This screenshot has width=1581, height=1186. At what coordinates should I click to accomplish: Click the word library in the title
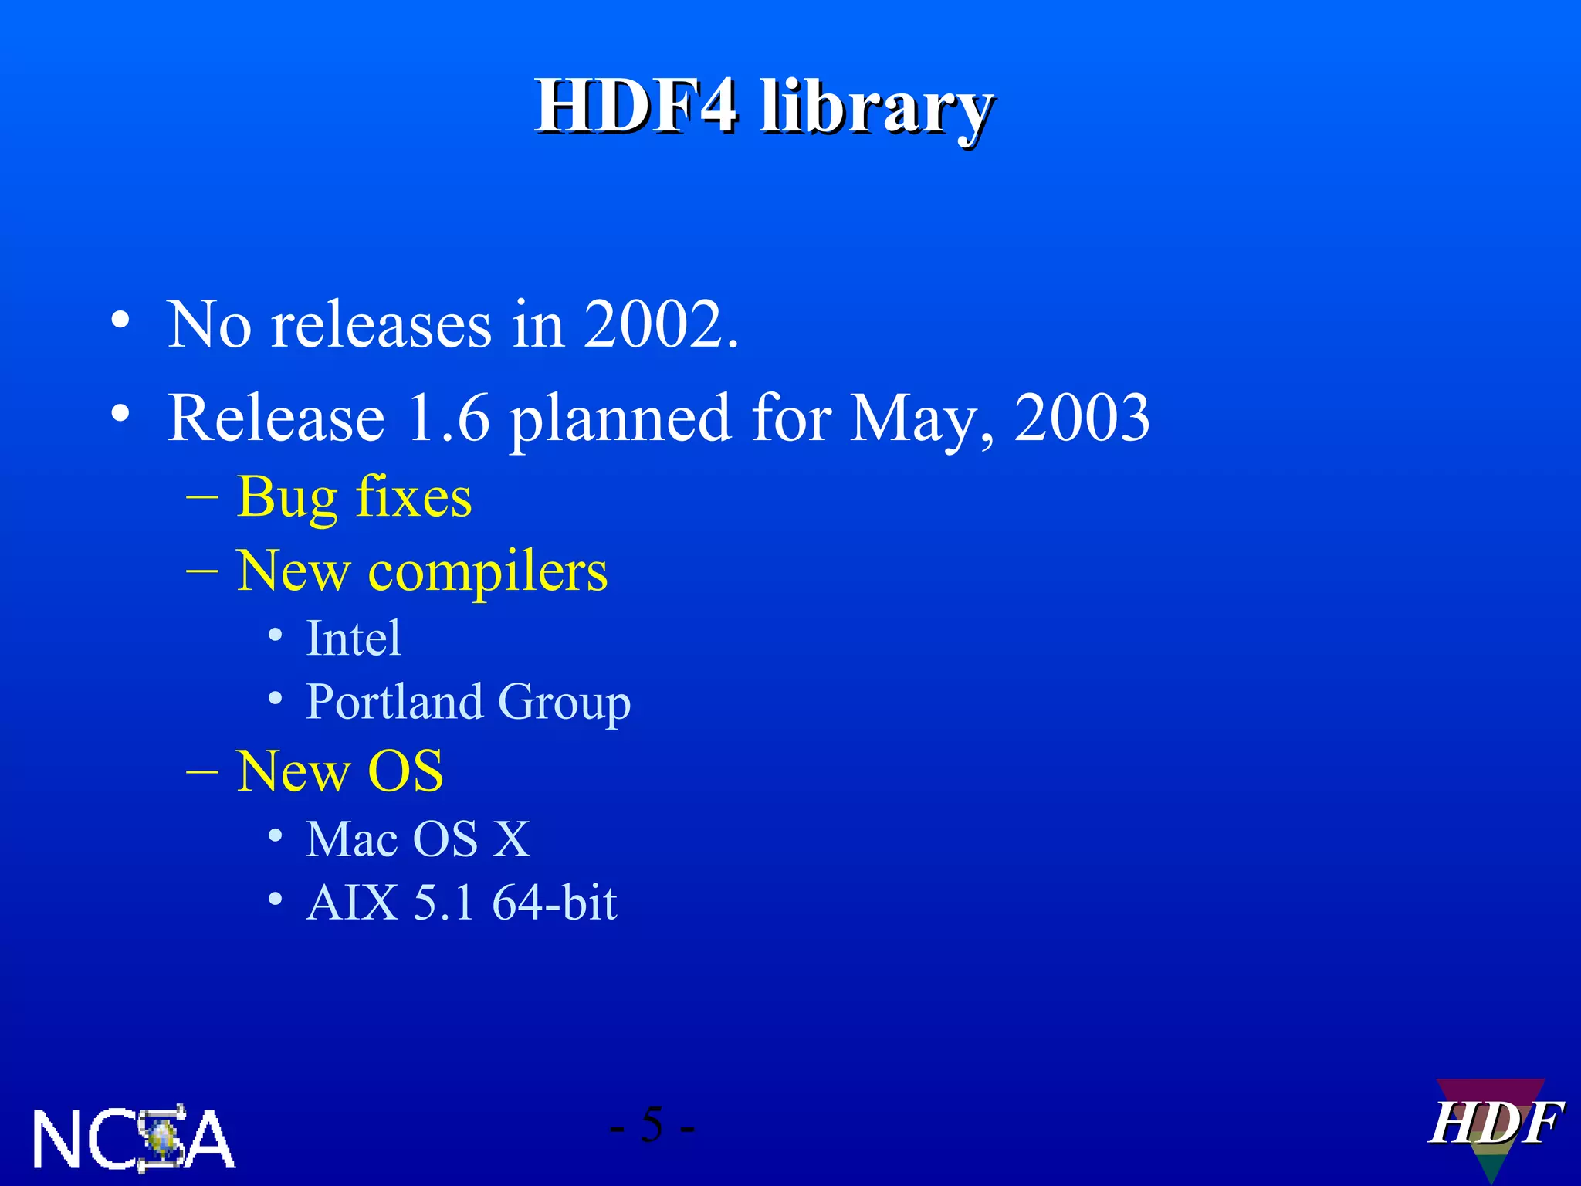tap(875, 110)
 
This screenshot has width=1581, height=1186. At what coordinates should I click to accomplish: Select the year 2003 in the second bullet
tap(1081, 418)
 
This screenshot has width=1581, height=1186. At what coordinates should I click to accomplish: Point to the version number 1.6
tap(448, 418)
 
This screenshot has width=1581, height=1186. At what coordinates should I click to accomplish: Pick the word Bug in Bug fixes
tap(287, 498)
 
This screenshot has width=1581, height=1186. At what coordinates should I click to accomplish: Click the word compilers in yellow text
tap(488, 573)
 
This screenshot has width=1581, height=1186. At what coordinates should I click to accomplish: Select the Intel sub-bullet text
tap(354, 639)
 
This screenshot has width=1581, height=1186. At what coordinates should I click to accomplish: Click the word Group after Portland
tap(564, 703)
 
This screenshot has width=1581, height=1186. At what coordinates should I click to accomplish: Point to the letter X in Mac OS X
tap(511, 839)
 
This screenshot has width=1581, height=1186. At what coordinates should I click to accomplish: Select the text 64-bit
tap(554, 902)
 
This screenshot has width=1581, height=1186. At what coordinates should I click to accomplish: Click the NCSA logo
tap(134, 1138)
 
